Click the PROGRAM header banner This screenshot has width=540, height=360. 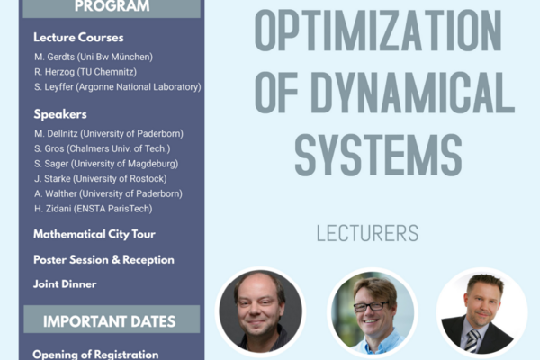pyautogui.click(x=112, y=7)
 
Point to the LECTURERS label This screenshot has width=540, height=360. pyautogui.click(x=367, y=234)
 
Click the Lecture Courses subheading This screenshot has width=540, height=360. pyautogui.click(x=78, y=38)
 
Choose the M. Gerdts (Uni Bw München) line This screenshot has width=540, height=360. pyautogui.click(x=93, y=57)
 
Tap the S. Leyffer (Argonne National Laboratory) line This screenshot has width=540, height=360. pyautogui.click(x=117, y=87)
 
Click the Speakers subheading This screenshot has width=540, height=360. pyautogui.click(x=60, y=114)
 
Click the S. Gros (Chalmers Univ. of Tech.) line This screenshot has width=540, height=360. pyautogui.click(x=102, y=148)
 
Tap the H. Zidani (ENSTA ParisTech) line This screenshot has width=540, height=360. pyautogui.click(x=93, y=209)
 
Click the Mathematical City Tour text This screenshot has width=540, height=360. pyautogui.click(x=94, y=234)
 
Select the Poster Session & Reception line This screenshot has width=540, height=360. pyautogui.click(x=103, y=259)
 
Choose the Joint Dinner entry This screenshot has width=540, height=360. pyautogui.click(x=65, y=283)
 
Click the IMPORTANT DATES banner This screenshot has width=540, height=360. pyautogui.click(x=112, y=319)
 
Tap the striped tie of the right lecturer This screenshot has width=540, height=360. pyautogui.click(x=472, y=340)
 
